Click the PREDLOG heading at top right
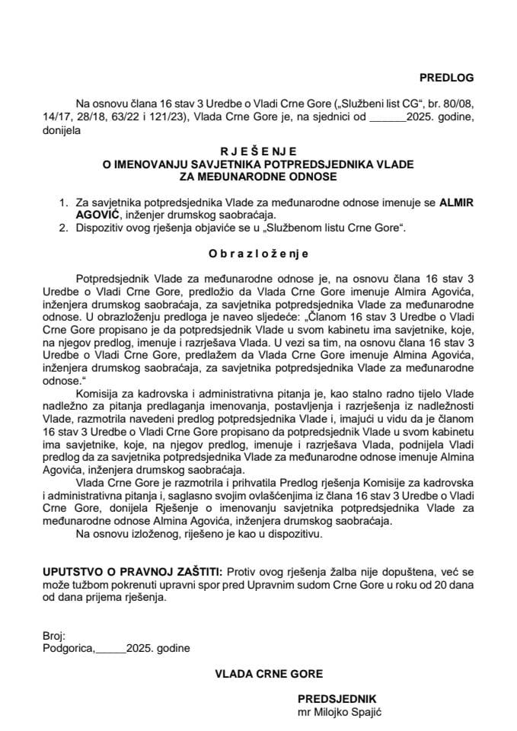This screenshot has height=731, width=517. coord(446,77)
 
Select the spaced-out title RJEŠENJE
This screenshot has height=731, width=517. coord(258,152)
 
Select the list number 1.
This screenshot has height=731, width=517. coord(62,203)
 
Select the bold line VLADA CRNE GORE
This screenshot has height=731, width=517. coord(258,673)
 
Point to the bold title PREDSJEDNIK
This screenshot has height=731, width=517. coord(337,698)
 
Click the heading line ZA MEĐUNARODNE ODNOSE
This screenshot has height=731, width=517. coord(258,176)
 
